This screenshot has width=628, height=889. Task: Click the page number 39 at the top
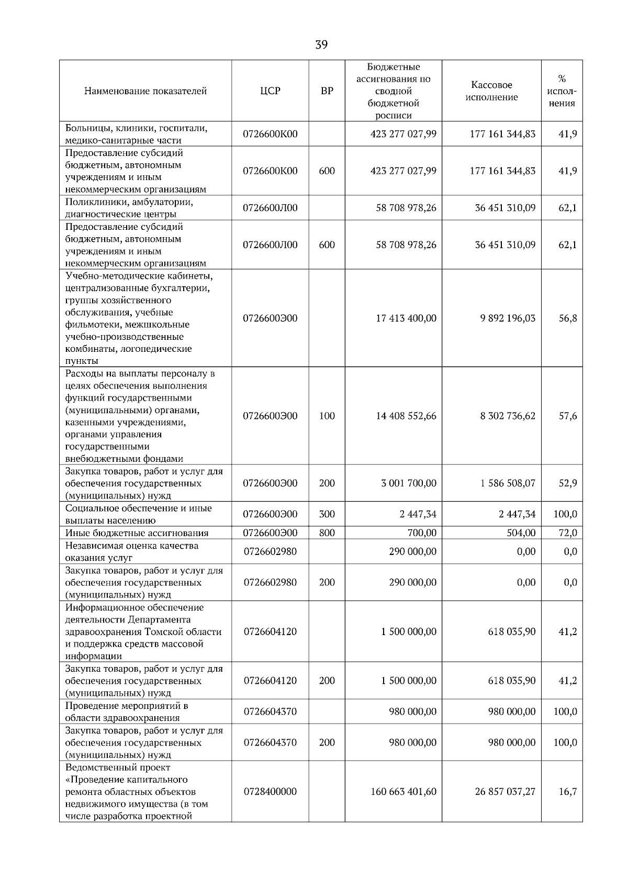(321, 45)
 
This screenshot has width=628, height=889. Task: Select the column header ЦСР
(270, 91)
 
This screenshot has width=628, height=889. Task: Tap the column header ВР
(327, 91)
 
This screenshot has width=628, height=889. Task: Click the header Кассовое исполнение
(491, 91)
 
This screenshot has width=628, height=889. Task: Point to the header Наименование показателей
(145, 91)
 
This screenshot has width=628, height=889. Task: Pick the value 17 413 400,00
(406, 318)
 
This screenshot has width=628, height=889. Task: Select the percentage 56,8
(568, 318)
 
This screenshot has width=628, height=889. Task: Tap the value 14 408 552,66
(406, 416)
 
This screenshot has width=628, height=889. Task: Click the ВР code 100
(327, 416)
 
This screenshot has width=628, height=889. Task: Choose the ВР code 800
(327, 533)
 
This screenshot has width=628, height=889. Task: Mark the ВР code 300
(327, 514)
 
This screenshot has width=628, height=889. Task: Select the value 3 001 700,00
(409, 483)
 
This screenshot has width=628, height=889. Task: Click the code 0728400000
(270, 792)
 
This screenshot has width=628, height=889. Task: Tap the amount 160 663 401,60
(403, 792)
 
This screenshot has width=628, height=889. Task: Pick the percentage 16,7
(568, 792)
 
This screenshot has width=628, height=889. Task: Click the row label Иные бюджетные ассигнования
(137, 533)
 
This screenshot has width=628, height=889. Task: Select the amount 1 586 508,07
(508, 483)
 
